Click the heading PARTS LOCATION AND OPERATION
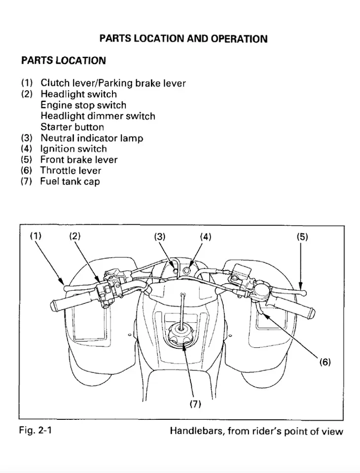point(183,39)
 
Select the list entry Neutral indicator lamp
point(92,138)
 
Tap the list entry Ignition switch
point(73,149)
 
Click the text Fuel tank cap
point(70,181)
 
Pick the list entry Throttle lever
point(71,170)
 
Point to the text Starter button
point(72,127)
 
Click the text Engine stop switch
point(83,105)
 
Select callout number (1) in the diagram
point(36,236)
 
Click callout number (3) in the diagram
point(160,236)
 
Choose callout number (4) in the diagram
point(205,236)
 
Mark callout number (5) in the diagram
point(302,236)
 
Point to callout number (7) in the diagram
point(196,404)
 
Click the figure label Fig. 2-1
point(35,431)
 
